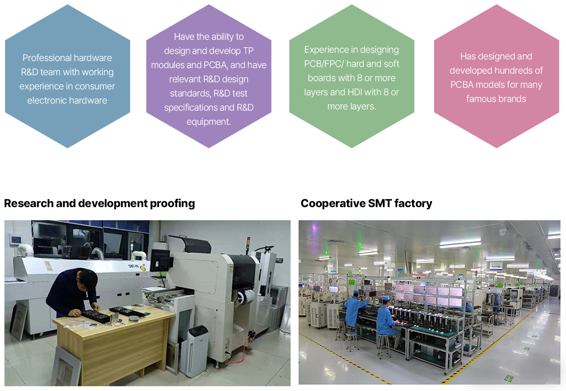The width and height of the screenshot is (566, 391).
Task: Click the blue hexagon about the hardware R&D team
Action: coord(67,76)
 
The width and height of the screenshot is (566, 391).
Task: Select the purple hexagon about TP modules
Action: coord(209,76)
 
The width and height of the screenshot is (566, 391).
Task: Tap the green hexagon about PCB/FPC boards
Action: coord(352,76)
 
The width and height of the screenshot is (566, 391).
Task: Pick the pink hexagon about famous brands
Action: coord(497,76)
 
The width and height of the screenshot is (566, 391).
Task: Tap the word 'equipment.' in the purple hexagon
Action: coord(209,122)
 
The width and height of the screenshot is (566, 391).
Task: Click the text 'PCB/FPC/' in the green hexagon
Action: coord(324,64)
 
